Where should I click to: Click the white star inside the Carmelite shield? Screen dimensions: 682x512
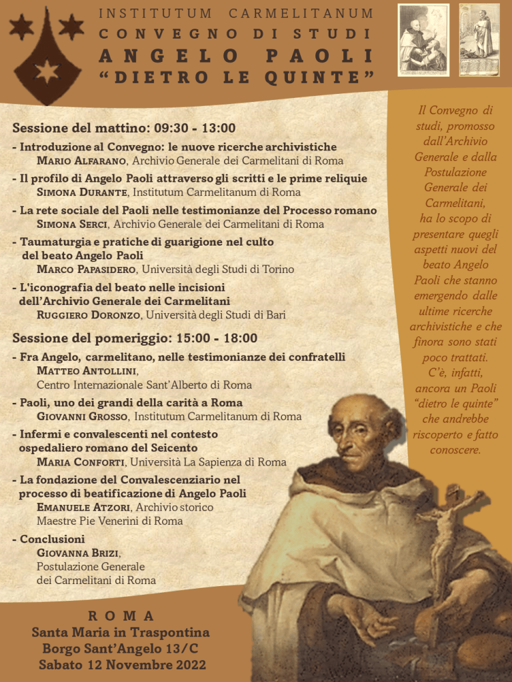[47, 72]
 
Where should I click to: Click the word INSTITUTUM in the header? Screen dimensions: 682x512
[155, 13]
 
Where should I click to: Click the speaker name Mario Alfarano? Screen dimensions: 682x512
[83, 161]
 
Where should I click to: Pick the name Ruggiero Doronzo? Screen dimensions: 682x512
[89, 315]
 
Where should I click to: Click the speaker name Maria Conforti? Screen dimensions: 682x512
[81, 462]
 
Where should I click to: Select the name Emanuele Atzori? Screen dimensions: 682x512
[85, 508]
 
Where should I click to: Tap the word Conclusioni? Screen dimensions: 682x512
[52, 539]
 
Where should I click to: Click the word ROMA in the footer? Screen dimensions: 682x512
[121, 616]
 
